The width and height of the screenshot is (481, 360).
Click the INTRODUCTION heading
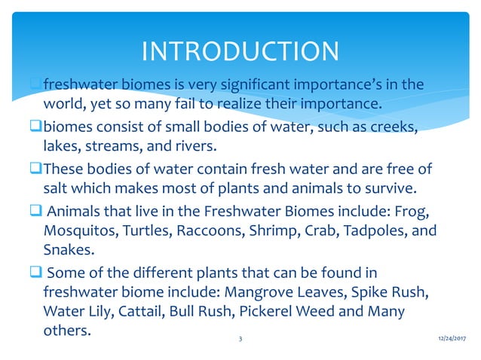[x=240, y=51]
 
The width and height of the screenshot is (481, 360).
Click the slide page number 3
[x=240, y=340]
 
